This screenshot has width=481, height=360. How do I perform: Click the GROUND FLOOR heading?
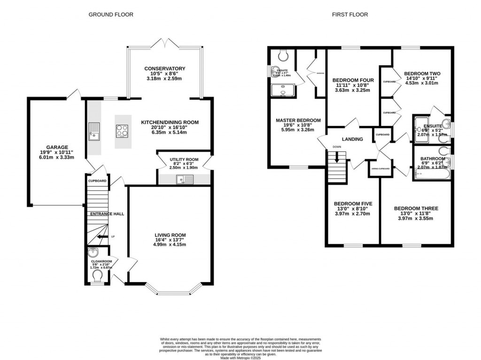tap(111, 15)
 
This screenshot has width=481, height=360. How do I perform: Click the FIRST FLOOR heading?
tap(349, 15)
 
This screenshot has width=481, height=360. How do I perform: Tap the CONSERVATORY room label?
tap(164, 69)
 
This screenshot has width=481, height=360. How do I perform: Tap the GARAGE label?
tap(57, 147)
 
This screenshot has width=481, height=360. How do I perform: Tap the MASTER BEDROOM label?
tap(298, 120)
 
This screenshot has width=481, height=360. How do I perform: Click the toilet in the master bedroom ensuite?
tap(283, 55)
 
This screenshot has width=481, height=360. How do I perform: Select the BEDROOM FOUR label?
tap(353, 80)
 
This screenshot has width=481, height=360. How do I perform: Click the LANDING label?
tap(352, 139)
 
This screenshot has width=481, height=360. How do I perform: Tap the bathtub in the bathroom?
tap(431, 174)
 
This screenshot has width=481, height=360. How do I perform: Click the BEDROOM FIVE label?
tap(353, 203)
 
